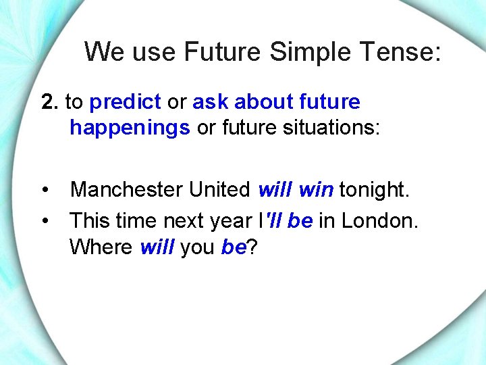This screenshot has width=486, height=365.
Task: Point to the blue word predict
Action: click(x=125, y=103)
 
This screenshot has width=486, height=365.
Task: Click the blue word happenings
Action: click(x=130, y=128)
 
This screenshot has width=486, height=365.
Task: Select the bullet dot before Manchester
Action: click(x=45, y=190)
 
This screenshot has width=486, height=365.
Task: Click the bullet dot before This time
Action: click(x=45, y=220)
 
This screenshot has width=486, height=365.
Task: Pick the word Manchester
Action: click(x=126, y=190)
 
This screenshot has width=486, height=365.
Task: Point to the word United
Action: click(x=219, y=190)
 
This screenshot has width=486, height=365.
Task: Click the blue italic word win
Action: click(x=315, y=190)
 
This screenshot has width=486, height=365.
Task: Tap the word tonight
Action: click(x=374, y=190)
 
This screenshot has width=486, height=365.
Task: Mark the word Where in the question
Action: click(x=101, y=247)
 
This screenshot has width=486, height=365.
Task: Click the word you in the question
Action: click(x=196, y=247)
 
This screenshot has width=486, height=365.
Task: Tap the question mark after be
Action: click(x=251, y=247)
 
